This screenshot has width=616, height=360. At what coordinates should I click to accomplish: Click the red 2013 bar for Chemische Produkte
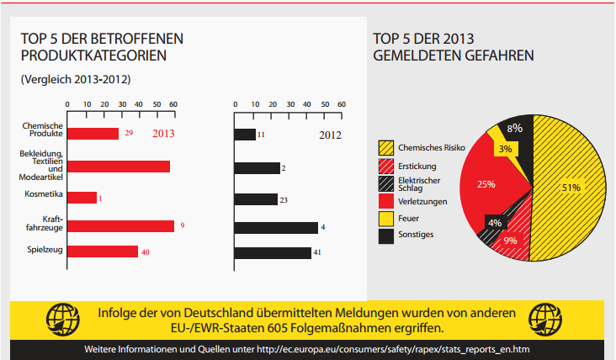tap(93, 134)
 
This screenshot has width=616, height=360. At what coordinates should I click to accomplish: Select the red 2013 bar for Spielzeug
tap(102, 251)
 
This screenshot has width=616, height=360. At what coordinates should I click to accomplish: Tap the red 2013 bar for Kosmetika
tap(82, 198)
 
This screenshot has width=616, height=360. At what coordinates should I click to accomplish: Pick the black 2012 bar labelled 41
tap(273, 252)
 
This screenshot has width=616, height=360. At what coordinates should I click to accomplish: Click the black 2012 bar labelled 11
tap(245, 135)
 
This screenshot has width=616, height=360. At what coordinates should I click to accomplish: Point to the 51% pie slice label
tap(571, 188)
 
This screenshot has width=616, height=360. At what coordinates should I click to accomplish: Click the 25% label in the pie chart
tap(486, 185)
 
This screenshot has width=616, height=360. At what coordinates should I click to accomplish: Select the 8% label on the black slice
tap(515, 129)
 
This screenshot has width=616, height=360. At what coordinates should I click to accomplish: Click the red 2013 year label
tap(163, 134)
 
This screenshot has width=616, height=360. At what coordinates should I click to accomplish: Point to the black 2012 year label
tap(330, 134)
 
